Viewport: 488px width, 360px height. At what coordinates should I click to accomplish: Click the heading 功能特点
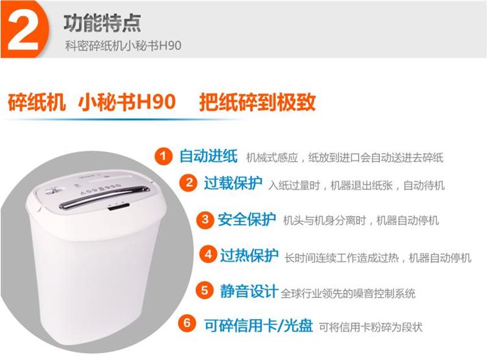coord(102,23)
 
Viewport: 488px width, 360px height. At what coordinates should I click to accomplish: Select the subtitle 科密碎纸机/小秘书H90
coord(123,46)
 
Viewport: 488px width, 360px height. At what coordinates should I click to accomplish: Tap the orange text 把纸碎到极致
coord(257,102)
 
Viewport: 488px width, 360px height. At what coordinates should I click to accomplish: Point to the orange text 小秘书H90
coord(127,102)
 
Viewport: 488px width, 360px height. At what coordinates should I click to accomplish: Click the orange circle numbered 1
coord(163,156)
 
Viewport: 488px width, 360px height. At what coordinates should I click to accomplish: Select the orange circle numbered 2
coord(188,182)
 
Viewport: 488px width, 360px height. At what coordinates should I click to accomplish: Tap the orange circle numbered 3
coord(205,220)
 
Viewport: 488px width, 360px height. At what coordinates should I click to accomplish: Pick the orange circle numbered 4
coord(208,254)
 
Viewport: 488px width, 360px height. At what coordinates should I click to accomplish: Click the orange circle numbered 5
coord(204,290)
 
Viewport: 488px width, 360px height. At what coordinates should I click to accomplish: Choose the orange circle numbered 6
coord(187,323)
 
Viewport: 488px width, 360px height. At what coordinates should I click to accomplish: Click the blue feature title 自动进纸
coord(209,156)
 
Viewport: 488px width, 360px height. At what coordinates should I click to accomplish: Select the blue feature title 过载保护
coord(233,183)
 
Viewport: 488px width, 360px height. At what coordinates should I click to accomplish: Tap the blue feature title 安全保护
coord(246,220)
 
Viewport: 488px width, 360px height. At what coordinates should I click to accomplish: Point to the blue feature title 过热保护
coord(249,256)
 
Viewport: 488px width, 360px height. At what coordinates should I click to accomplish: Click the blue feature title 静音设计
coord(249,291)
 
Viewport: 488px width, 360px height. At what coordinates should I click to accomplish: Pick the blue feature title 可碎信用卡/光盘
coord(259,325)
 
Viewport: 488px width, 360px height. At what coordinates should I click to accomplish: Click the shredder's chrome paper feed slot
coord(104,197)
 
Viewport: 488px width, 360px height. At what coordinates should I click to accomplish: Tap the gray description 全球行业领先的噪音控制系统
coord(348,293)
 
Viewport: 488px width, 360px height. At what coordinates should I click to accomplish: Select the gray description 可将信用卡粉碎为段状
coord(371,327)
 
